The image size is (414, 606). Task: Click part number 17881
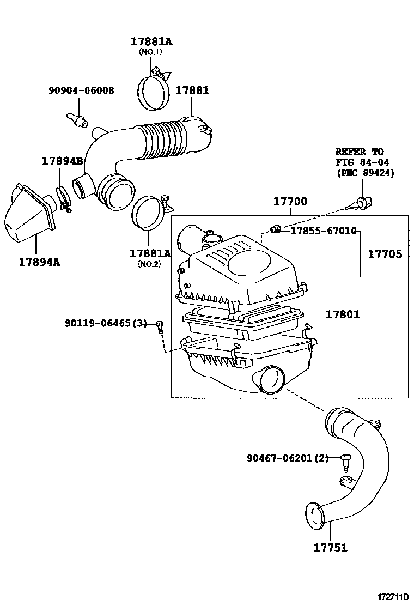(x=192, y=91)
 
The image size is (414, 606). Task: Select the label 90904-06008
(x=82, y=91)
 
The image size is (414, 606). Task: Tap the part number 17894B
(x=63, y=161)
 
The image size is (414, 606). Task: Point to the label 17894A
(x=39, y=262)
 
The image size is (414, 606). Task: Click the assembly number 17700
(x=290, y=202)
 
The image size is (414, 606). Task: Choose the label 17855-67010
(x=323, y=231)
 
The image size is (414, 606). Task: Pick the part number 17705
(x=385, y=254)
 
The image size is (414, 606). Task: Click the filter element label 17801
(x=343, y=314)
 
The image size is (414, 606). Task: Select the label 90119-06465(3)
(x=106, y=324)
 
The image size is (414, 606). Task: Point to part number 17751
(x=330, y=548)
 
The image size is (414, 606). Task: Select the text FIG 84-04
(x=362, y=162)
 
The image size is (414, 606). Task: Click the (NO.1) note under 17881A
(x=151, y=52)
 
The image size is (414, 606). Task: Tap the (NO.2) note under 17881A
(x=150, y=264)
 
